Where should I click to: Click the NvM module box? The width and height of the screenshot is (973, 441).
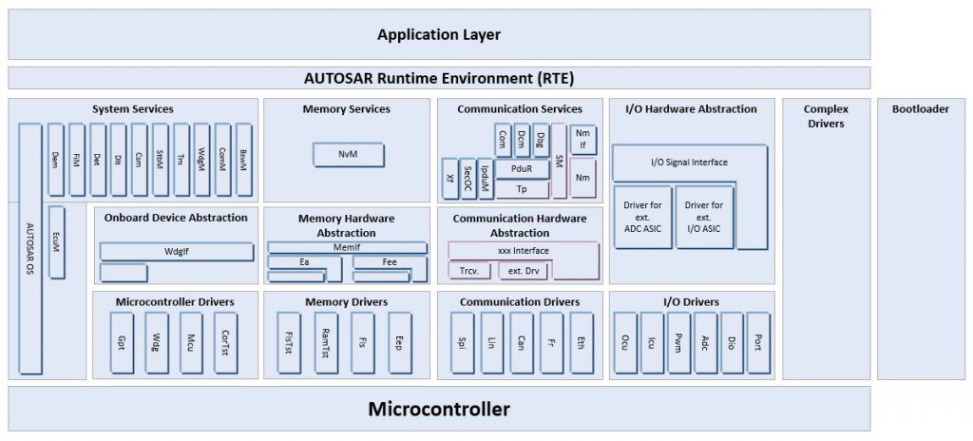pyautogui.click(x=349, y=155)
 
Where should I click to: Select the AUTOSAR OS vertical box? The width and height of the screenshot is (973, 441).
pyautogui.click(x=29, y=249)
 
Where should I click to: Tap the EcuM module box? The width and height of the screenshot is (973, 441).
pyautogui.click(x=57, y=242)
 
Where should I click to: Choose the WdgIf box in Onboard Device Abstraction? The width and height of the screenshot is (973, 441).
pyautogui.click(x=176, y=252)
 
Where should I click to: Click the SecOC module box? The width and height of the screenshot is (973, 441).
pyautogui.click(x=467, y=179)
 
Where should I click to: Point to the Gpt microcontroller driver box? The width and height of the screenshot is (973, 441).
pyautogui.click(x=123, y=342)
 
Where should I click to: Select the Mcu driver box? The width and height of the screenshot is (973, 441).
pyautogui.click(x=191, y=342)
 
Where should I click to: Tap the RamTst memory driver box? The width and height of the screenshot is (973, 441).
pyautogui.click(x=326, y=342)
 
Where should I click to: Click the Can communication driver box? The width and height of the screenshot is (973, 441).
pyautogui.click(x=521, y=342)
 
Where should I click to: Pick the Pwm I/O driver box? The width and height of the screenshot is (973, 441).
pyautogui.click(x=678, y=342)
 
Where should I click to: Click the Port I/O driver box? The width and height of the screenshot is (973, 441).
pyautogui.click(x=757, y=342)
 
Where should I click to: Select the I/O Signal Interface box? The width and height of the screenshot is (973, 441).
pyautogui.click(x=690, y=163)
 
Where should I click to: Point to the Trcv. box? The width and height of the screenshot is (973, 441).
pyautogui.click(x=469, y=271)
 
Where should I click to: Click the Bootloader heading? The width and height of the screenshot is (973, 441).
pyautogui.click(x=920, y=109)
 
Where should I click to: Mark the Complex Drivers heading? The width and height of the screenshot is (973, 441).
pyautogui.click(x=825, y=116)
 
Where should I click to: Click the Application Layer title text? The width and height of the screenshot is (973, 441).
pyautogui.click(x=438, y=35)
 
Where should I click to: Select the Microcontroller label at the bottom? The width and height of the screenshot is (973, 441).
pyautogui.click(x=438, y=410)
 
